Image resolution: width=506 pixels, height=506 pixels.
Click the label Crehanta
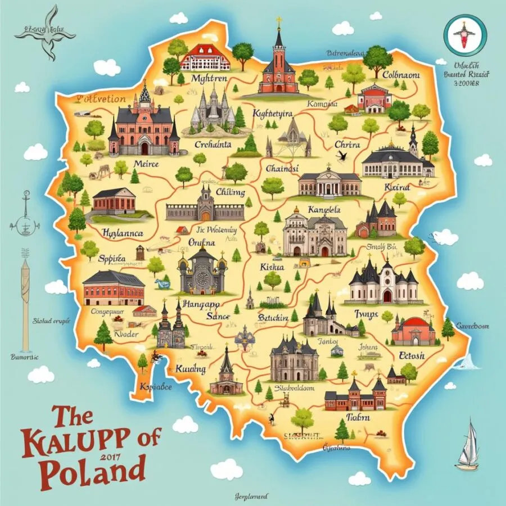[x=213, y=144]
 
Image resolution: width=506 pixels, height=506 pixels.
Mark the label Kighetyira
[x=274, y=113]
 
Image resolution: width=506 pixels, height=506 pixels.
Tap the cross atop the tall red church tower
[x=278, y=21]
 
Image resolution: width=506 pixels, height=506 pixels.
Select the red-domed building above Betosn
[x=413, y=329]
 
